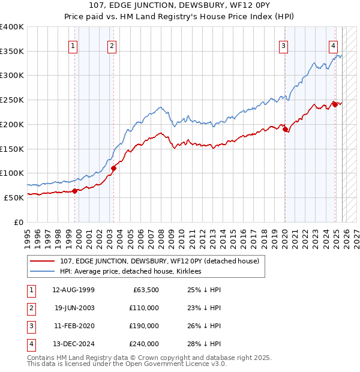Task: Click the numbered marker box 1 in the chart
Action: tap(73, 46)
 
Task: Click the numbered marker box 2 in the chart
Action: tap(112, 46)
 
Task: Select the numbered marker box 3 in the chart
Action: tap(283, 46)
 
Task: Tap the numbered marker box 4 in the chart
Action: tap(333, 46)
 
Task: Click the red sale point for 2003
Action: tap(113, 168)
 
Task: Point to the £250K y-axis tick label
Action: tap(12, 100)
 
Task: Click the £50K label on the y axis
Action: tap(14, 197)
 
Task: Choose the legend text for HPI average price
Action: tap(130, 271)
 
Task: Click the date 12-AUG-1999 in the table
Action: tap(73, 290)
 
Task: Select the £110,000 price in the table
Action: tap(145, 308)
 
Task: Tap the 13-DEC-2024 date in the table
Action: tap(73, 344)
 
